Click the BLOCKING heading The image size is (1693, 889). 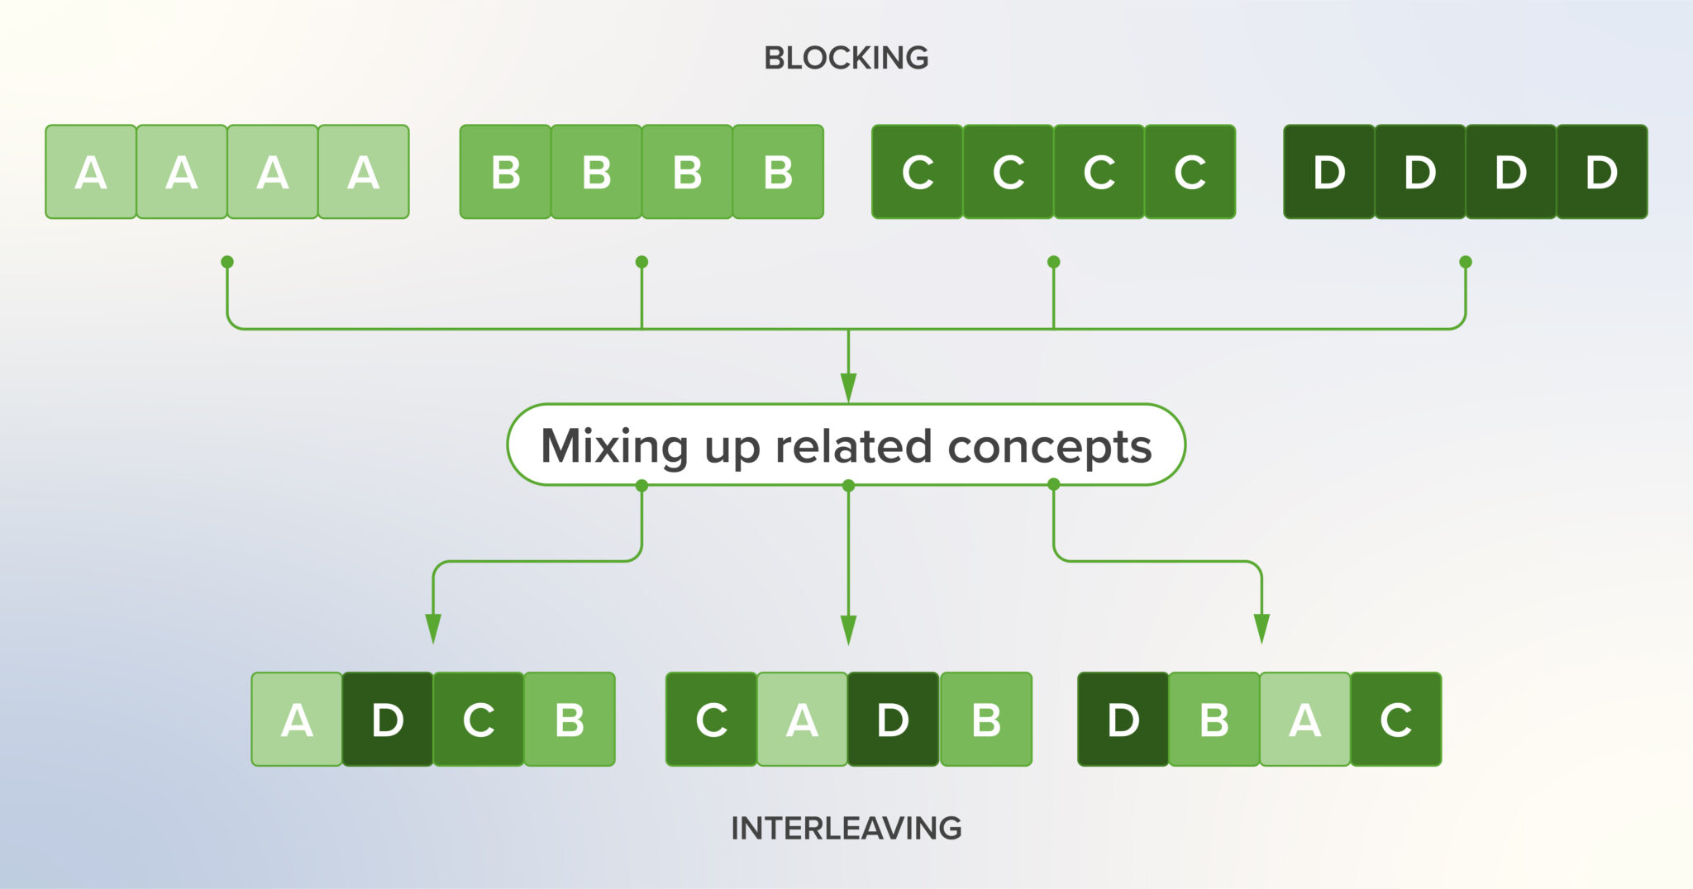(846, 58)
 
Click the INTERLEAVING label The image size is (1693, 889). (846, 828)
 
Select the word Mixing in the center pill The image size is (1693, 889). (613, 447)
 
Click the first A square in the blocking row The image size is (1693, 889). (91, 172)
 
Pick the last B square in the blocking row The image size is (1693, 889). (778, 172)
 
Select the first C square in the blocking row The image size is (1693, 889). (918, 172)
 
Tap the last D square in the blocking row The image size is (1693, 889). (1601, 172)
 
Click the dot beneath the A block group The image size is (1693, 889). (227, 262)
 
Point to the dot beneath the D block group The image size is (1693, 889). (1466, 262)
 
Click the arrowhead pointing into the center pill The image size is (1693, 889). (848, 387)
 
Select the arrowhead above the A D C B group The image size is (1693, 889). (433, 628)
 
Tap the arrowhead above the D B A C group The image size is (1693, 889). (1261, 628)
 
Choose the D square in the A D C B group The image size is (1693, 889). (388, 720)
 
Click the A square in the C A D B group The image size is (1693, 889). (802, 720)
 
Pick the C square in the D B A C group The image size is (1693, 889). (1396, 720)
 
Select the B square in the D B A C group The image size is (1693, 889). (1214, 720)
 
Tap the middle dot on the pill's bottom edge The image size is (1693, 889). (848, 486)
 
